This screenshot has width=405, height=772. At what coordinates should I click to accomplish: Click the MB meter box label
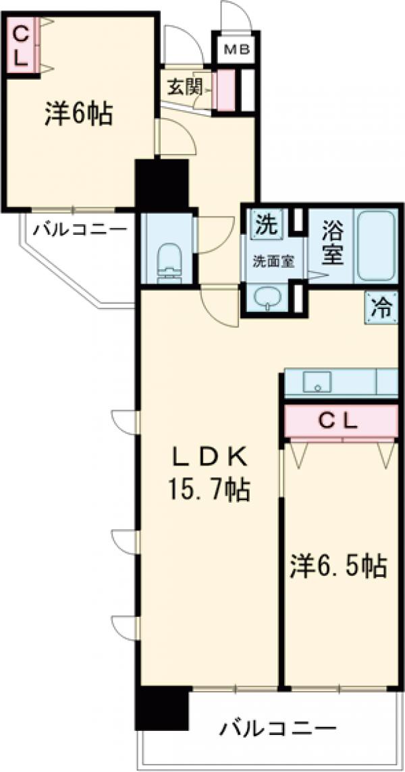pyautogui.click(x=233, y=48)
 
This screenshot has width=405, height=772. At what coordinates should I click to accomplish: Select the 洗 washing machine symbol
pyautogui.click(x=265, y=225)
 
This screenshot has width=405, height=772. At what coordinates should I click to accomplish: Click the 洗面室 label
pyautogui.click(x=273, y=261)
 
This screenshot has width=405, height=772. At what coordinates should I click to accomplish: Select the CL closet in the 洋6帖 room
pyautogui.click(x=20, y=45)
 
